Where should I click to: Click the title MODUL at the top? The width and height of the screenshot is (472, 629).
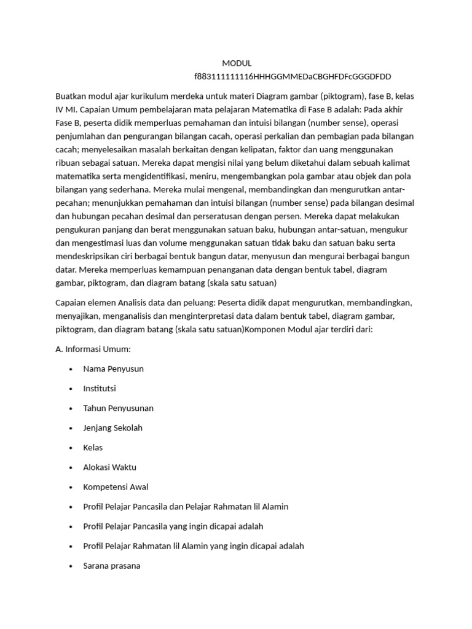[237, 63]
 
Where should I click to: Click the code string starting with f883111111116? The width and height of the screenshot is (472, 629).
[292, 76]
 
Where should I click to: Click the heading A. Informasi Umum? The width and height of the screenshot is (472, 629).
[93, 349]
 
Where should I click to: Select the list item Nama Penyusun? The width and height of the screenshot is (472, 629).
[113, 369]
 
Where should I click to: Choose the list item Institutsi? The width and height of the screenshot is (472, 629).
[100, 388]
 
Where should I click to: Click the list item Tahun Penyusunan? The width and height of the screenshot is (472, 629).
[118, 408]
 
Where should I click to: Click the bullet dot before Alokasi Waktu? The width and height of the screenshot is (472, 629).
[71, 467]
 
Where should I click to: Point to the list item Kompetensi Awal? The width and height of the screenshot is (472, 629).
[116, 487]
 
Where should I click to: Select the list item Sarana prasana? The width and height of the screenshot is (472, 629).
[111, 565]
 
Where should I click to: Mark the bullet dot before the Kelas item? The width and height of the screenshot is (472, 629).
[71, 448]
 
